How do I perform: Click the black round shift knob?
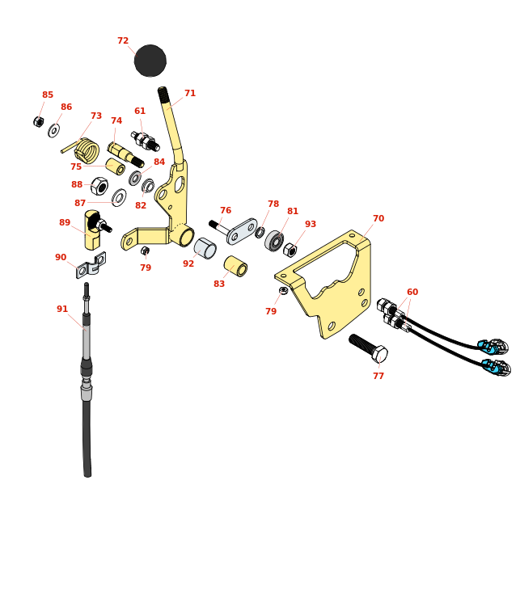[x=150, y=61]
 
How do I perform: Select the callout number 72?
[x=123, y=41]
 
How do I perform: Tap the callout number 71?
[x=190, y=94]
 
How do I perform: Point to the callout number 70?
[x=378, y=219]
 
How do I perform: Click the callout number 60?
[x=412, y=293]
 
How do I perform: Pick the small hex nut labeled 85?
[x=38, y=122]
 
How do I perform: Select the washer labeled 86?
[x=53, y=130]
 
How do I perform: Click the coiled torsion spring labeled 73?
[x=86, y=150]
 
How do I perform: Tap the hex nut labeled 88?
[x=99, y=187]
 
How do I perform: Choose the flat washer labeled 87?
[x=119, y=197]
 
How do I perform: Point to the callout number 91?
[x=62, y=310]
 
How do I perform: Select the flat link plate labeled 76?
[x=242, y=231]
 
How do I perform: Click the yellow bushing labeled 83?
[x=235, y=266]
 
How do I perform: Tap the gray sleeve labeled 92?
[x=205, y=248]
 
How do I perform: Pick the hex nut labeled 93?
[x=290, y=251]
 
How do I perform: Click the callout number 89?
[x=65, y=223]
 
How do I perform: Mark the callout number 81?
[x=293, y=212]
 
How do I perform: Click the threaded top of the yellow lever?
[x=163, y=95]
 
